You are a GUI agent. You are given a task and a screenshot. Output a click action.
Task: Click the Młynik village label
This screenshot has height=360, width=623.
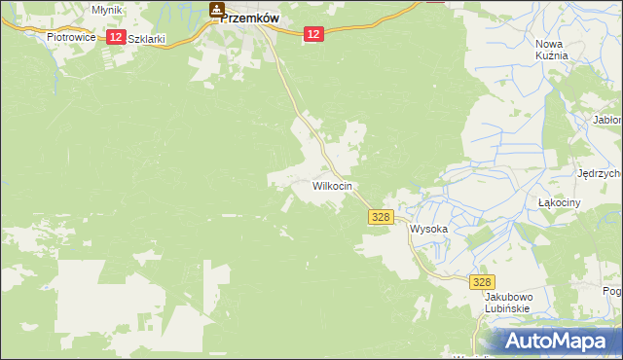tap(105, 9)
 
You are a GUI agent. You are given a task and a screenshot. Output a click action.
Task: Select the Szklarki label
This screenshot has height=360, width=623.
tap(146, 39)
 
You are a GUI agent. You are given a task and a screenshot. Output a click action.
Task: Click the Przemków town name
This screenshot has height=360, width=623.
tap(250, 17)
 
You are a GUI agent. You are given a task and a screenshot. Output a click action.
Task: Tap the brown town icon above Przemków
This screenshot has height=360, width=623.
tap(216, 10)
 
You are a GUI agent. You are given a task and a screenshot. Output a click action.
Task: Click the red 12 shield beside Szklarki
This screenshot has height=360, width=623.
tap(115, 37)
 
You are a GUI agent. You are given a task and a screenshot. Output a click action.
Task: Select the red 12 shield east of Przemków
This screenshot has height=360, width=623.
tap(311, 34)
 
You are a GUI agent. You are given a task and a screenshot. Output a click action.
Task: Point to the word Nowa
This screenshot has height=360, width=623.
tap(551, 43)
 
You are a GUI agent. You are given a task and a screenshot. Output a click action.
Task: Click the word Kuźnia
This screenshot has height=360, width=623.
tap(551, 56)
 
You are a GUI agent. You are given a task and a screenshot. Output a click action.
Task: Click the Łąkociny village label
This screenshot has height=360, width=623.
tap(560, 202)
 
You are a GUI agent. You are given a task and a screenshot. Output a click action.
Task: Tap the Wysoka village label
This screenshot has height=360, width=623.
tap(428, 230)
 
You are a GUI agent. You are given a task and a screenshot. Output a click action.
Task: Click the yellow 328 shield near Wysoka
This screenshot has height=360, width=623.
tap(381, 219)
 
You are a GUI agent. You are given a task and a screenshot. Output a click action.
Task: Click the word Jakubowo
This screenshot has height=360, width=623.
tap(506, 296)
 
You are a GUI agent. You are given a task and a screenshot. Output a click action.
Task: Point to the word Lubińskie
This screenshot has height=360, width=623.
tap(506, 308)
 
